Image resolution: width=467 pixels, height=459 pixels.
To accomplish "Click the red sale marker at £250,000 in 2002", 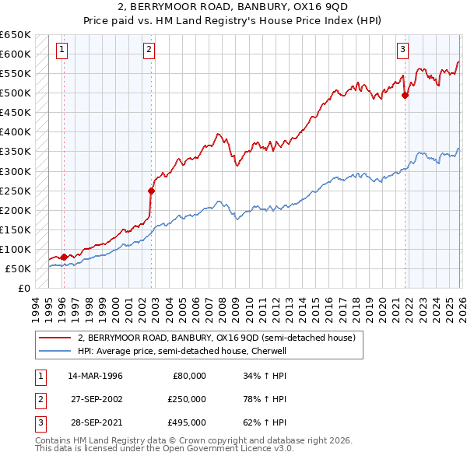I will pos(152,190).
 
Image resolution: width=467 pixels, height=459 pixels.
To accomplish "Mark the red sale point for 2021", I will pos(405,96).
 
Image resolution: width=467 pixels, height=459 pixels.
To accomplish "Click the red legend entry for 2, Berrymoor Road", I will pos(216,338).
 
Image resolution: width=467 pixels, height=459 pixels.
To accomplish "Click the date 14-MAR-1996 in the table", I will pos(95,376).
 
